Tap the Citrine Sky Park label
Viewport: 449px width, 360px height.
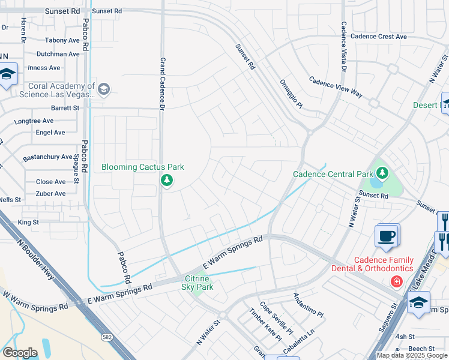click(197, 283)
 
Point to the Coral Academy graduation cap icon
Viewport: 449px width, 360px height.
click(104, 90)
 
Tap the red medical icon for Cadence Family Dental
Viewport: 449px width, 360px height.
click(396, 281)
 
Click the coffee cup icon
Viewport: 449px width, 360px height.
click(387, 235)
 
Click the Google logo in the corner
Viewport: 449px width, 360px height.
click(19, 353)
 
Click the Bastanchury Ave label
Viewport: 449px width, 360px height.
click(48, 157)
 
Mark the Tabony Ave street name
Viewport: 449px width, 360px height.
click(62, 41)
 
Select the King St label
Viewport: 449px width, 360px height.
click(28, 222)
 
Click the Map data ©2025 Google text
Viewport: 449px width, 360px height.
click(412, 355)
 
